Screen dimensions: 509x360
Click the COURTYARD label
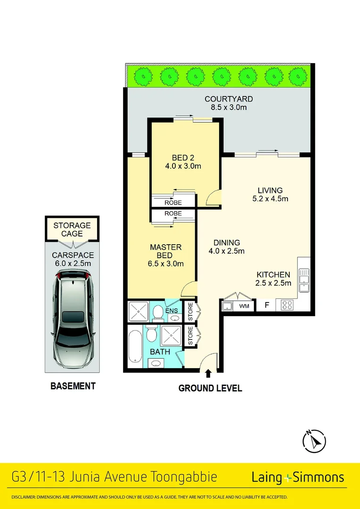tap(229, 99)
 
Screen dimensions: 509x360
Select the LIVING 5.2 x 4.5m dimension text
tap(270, 198)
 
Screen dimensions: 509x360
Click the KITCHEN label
tap(273, 275)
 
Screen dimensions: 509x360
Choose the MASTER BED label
tap(165, 251)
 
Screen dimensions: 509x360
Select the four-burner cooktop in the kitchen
tap(287, 305)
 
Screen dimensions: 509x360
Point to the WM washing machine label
tap(244, 306)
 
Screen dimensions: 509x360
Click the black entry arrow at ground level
tap(208, 373)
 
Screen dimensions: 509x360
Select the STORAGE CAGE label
tap(72, 230)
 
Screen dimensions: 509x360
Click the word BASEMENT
tap(73, 386)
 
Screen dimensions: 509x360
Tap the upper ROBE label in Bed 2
tap(173, 203)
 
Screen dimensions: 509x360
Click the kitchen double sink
tap(304, 279)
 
